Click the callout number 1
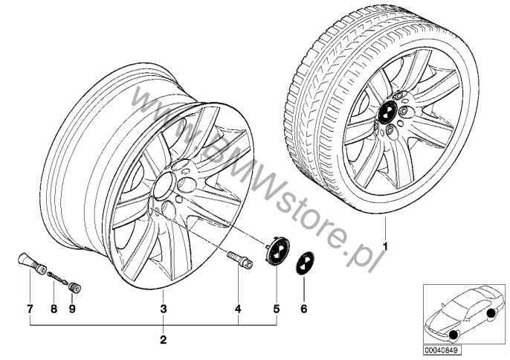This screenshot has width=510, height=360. [385, 247]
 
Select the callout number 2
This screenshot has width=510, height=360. [164, 340]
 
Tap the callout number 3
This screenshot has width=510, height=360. [164, 309]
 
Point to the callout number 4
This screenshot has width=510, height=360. [238, 309]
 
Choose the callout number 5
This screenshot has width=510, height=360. [276, 309]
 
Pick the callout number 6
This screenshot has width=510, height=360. [304, 309]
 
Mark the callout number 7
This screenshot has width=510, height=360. [30, 309]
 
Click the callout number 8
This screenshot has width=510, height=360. [54, 309]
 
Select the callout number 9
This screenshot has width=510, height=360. [72, 309]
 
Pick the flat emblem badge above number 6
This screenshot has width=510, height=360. [305, 264]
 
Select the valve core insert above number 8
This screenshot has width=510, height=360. [58, 277]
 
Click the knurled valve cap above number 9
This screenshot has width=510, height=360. [75, 287]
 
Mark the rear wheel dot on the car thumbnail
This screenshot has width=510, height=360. [491, 314]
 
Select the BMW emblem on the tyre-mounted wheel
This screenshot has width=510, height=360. [387, 112]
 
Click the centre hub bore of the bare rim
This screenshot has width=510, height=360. [164, 186]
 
